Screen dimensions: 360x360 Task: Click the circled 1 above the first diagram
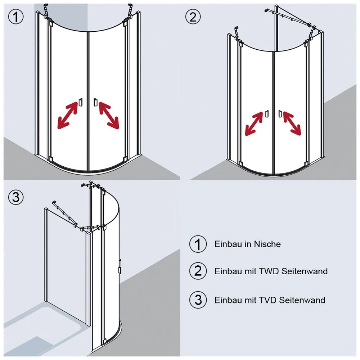coord(16,17)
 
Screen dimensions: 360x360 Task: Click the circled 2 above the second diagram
coord(193,17)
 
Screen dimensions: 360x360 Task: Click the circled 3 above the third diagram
coord(16,197)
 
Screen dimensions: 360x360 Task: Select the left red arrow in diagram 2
coord(254,124)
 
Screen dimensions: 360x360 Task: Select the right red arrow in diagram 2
coord(292,123)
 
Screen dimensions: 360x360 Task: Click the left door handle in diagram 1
coord(80,102)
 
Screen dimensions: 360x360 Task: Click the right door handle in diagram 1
coord(95,102)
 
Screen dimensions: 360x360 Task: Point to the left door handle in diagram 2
coord(267,114)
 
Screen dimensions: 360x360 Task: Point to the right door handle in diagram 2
coord(280,114)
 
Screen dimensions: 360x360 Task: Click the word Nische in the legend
coord(267,244)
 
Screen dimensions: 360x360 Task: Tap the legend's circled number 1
coord(198,244)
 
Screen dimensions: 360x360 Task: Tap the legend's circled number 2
coord(198,271)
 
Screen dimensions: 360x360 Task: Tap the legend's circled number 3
coord(198,300)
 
